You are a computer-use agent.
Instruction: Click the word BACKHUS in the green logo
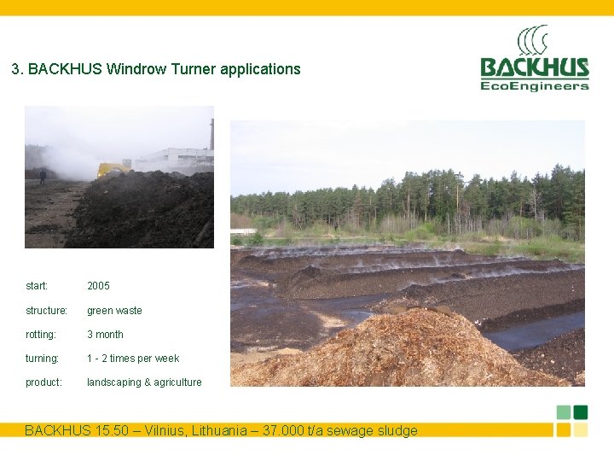(534, 67)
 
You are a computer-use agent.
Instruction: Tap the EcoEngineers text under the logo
(534, 85)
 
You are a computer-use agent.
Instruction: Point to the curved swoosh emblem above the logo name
(533, 41)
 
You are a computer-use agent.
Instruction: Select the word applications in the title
(260, 69)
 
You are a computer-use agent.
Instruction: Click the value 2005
(98, 286)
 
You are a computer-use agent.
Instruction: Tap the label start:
(37, 286)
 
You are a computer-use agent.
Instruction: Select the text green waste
(114, 311)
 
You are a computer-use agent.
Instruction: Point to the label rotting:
(40, 335)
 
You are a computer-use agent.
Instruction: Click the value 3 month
(105, 335)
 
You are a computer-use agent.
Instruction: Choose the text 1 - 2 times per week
(132, 359)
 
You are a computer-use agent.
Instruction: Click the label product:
(43, 382)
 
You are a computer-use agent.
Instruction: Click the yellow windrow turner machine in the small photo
(113, 169)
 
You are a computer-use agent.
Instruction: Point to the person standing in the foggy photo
(43, 176)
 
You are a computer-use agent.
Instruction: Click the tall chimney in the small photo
(211, 134)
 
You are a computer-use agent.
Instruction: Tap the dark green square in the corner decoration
(581, 412)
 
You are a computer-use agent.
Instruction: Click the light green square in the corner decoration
(564, 412)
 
